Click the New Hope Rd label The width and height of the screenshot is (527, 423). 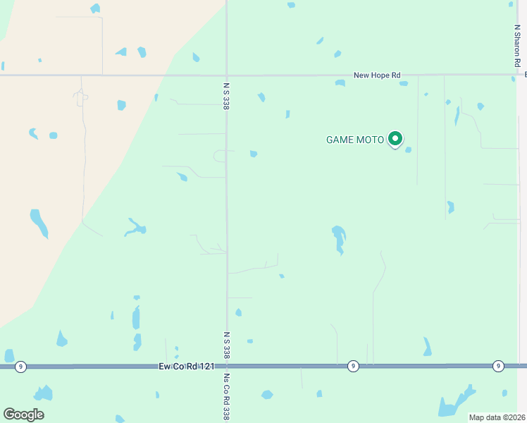(x=376, y=75)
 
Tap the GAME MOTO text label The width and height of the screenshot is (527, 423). (x=355, y=140)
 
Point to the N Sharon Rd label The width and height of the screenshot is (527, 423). (x=516, y=47)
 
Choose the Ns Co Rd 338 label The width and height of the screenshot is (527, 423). (x=227, y=396)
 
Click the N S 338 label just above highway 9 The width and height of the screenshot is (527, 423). (x=227, y=345)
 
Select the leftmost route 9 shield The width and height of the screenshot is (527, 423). (x=21, y=367)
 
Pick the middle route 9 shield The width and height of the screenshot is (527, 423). (x=352, y=366)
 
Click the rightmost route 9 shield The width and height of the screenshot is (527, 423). (x=498, y=365)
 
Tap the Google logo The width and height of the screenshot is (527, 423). (x=23, y=415)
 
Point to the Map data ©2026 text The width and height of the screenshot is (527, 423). (x=497, y=417)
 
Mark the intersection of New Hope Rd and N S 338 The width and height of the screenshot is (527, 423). (x=226, y=75)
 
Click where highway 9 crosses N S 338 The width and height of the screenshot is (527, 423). (x=227, y=367)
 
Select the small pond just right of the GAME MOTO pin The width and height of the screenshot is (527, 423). (x=408, y=149)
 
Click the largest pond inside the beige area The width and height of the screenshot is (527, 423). (x=39, y=222)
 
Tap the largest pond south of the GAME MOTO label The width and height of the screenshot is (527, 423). (x=339, y=238)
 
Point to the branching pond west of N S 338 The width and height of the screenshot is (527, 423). (x=135, y=227)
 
